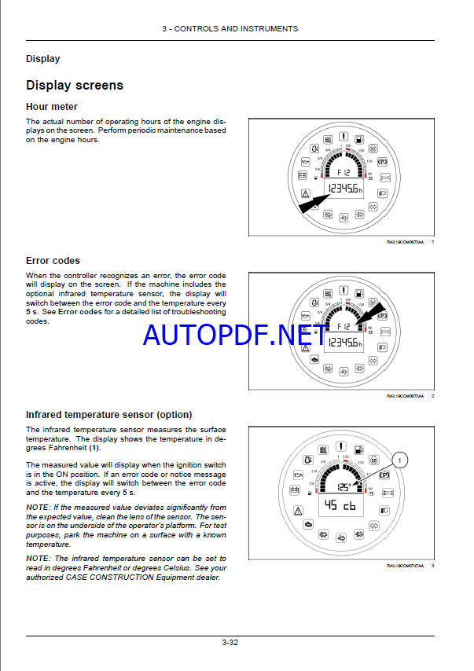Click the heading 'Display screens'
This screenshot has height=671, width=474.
pos(75,85)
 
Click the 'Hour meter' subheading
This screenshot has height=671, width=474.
pos(52,107)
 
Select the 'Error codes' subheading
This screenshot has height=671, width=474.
pos(53,261)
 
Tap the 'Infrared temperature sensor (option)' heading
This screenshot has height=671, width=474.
pos(108,414)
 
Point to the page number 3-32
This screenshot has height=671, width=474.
pos(230,642)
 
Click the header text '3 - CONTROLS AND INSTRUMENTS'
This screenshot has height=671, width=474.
pos(230,29)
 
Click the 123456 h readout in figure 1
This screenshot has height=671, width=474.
pos(345,189)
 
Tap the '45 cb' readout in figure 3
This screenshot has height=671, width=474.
pos(340,505)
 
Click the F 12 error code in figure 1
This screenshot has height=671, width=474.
pos(344,170)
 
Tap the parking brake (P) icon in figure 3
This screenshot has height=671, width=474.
pos(385,476)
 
